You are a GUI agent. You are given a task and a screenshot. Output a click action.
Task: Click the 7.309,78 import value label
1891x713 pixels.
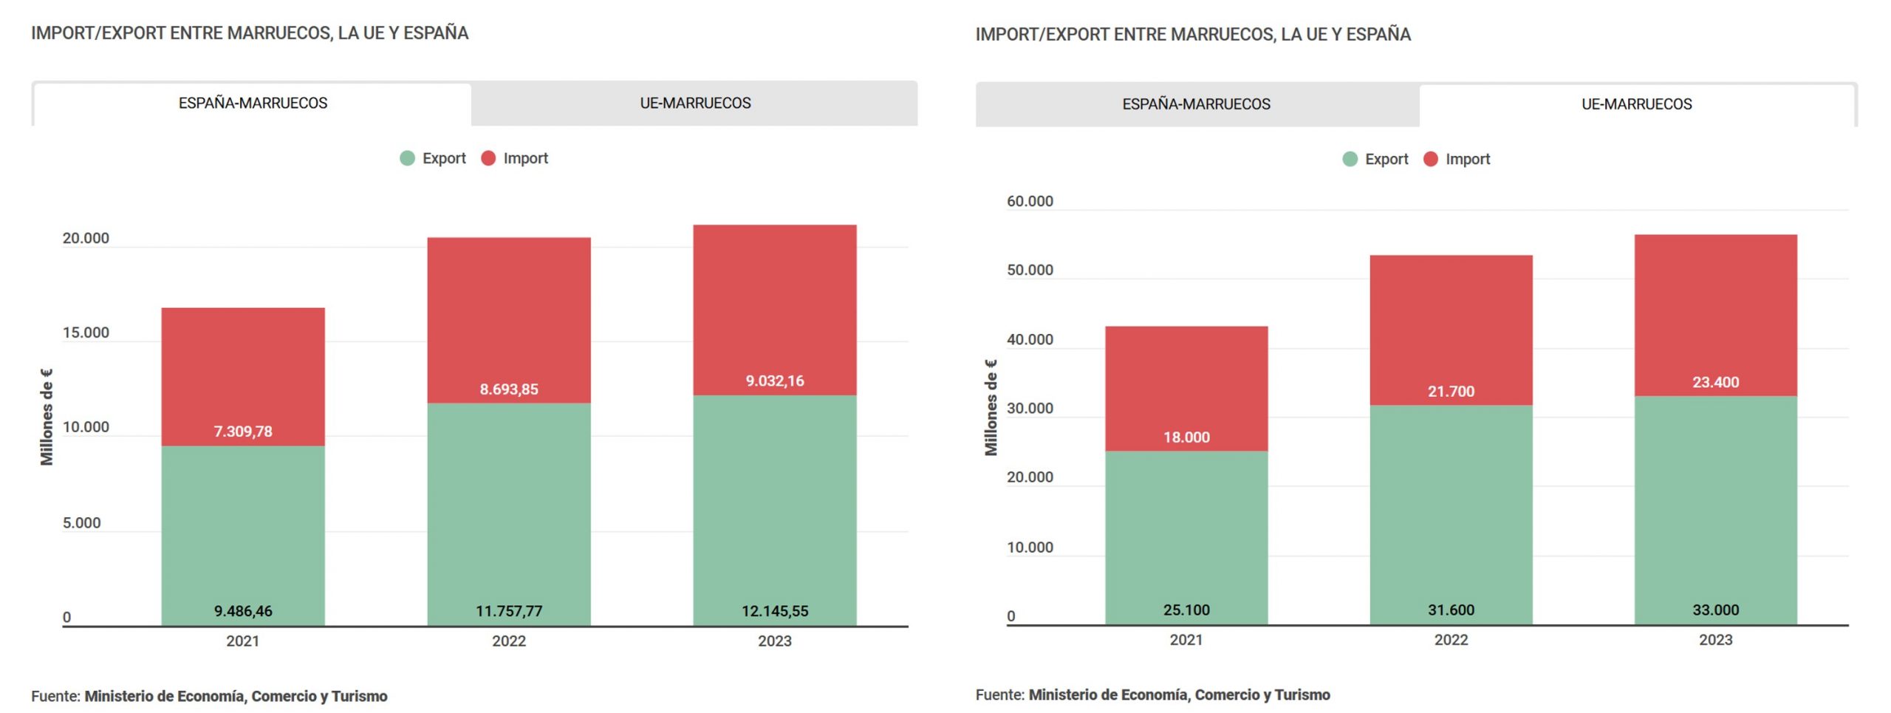coord(243,431)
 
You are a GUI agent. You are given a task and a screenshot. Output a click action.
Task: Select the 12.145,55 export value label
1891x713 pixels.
coord(775,611)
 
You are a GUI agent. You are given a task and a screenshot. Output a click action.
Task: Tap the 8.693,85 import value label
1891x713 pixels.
coord(509,389)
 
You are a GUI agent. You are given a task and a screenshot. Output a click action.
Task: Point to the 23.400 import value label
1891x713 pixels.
coord(1715,382)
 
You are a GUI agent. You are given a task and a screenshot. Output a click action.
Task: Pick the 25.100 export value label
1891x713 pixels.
coord(1186,610)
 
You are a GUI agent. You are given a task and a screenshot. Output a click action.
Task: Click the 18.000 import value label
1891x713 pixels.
coord(1186,437)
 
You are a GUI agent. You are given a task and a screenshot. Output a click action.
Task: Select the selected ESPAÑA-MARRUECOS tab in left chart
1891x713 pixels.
coord(253,103)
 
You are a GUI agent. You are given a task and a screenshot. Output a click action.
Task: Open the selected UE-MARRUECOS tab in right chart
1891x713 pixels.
coord(1636,104)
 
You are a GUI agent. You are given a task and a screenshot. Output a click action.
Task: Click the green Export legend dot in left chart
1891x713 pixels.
coord(407,158)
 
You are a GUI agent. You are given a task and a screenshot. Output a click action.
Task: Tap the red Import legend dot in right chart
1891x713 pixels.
coord(1430,159)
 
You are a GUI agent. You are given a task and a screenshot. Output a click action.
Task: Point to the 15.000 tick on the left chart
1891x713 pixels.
coord(86,332)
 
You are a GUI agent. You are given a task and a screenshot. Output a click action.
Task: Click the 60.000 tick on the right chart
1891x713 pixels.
coord(1030,201)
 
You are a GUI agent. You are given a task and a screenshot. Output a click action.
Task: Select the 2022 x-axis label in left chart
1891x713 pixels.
coord(509,641)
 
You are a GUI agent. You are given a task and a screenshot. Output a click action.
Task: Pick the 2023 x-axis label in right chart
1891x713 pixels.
coord(1715,640)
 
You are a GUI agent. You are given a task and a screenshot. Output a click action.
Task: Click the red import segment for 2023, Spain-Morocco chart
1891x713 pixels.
coord(775,310)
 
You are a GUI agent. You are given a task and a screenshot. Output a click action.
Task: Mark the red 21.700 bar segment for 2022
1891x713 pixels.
coord(1451,330)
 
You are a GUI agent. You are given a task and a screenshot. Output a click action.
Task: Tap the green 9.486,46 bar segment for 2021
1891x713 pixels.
coord(243,536)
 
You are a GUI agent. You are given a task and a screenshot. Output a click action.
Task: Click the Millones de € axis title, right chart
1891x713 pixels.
coord(991,408)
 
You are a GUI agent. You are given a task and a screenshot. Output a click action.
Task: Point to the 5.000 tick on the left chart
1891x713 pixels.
coord(81,523)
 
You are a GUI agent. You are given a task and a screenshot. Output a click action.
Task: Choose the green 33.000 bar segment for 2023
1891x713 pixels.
coord(1715,510)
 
